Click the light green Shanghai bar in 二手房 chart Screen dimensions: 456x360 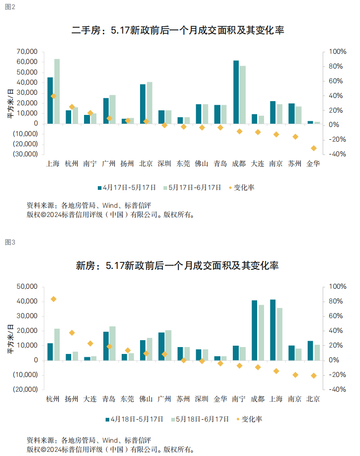[57, 91]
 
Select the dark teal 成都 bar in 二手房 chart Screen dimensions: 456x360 [236, 92]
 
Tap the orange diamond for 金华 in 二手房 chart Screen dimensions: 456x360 [314, 148]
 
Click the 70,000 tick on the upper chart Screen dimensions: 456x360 [26, 51]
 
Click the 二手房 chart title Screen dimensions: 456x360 [178, 31]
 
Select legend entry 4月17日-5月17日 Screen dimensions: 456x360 [126, 188]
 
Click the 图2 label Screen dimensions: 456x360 [10, 7]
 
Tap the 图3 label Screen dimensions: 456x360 [10, 242]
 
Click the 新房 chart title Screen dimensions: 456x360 [177, 266]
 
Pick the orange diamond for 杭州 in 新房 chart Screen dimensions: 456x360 [53, 299]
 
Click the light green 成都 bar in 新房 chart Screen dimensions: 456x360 [261, 332]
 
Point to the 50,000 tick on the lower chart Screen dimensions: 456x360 [26, 286]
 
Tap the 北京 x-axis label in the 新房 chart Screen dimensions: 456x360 [313, 399]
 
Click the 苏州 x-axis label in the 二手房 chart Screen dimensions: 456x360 [295, 164]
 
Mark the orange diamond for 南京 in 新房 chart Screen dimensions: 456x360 [295, 375]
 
